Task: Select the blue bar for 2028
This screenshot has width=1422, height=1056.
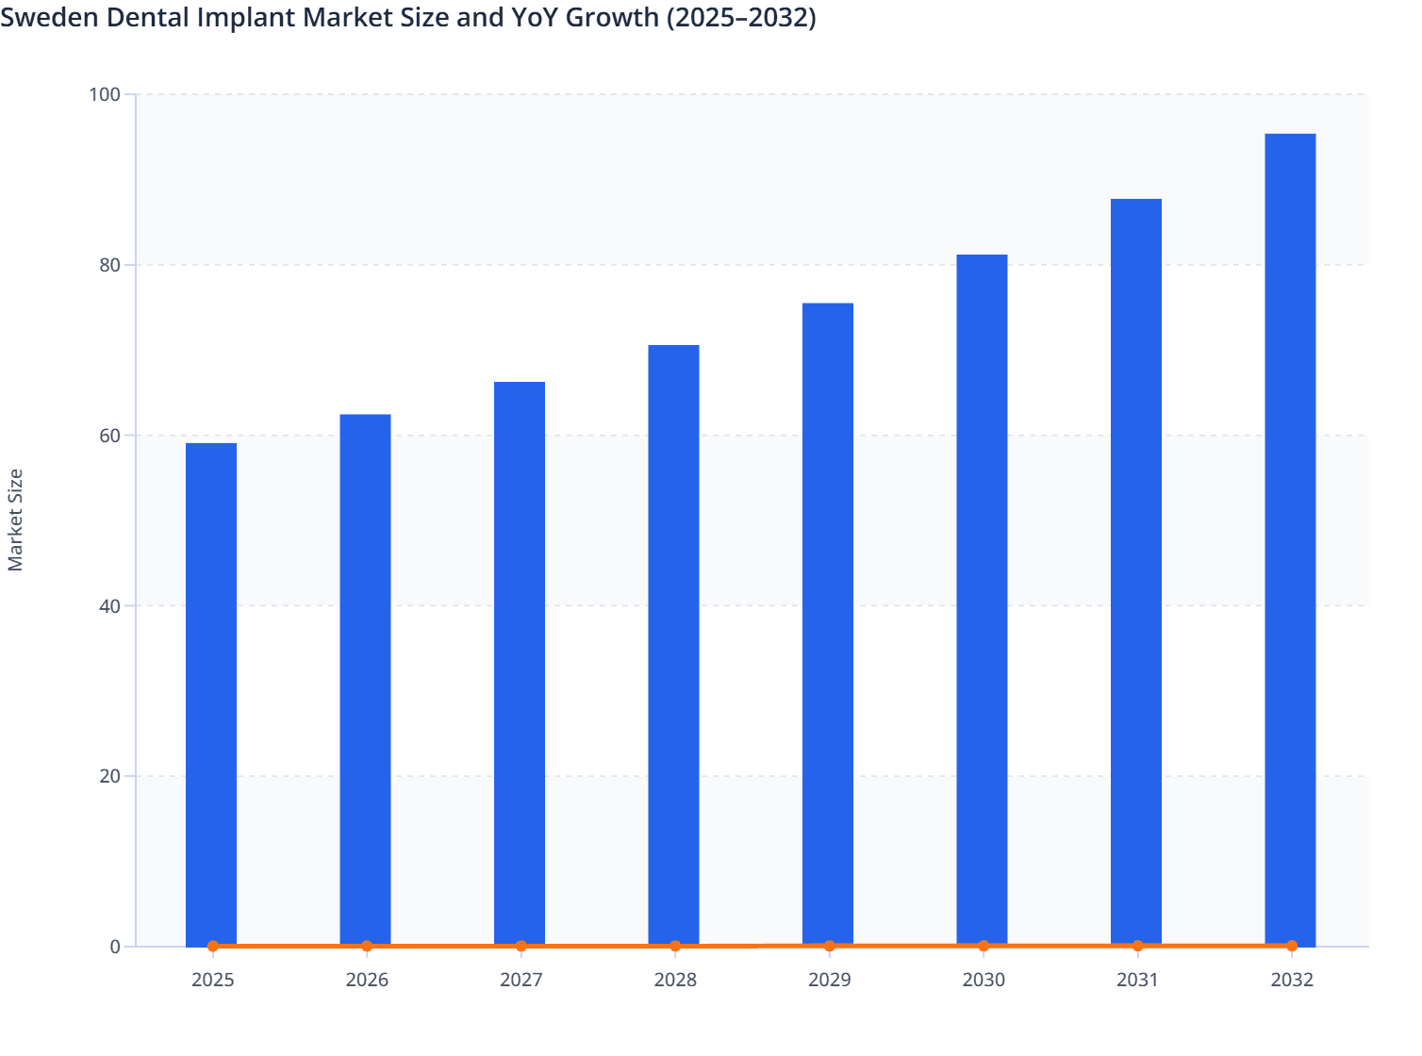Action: pyautogui.click(x=673, y=645)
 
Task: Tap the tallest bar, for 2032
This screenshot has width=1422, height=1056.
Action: pyautogui.click(x=1290, y=539)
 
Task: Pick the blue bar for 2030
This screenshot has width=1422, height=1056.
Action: pyautogui.click(x=982, y=600)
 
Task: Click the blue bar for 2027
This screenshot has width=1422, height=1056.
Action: pyautogui.click(x=520, y=663)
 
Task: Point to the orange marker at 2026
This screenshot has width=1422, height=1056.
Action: pyautogui.click(x=367, y=946)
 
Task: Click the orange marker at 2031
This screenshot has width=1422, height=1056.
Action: pyautogui.click(x=1137, y=946)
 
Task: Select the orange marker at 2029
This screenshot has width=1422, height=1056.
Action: pyautogui.click(x=829, y=946)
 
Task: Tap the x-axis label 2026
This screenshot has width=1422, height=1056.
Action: pyautogui.click(x=367, y=981)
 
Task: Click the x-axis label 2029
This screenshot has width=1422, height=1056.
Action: pyautogui.click(x=829, y=981)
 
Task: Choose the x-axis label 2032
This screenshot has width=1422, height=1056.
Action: pyautogui.click(x=1291, y=981)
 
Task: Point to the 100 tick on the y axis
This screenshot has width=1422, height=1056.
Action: pyautogui.click(x=105, y=94)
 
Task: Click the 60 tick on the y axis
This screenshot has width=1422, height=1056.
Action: pyautogui.click(x=109, y=436)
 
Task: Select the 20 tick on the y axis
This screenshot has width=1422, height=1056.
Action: pyautogui.click(x=109, y=776)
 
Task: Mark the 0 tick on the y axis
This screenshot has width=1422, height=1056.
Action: pyautogui.click(x=115, y=947)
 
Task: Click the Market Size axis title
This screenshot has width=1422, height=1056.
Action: pyautogui.click(x=15, y=520)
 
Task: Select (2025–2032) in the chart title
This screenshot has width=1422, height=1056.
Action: pyautogui.click(x=741, y=17)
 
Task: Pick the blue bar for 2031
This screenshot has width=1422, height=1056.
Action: pyautogui.click(x=1135, y=572)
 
